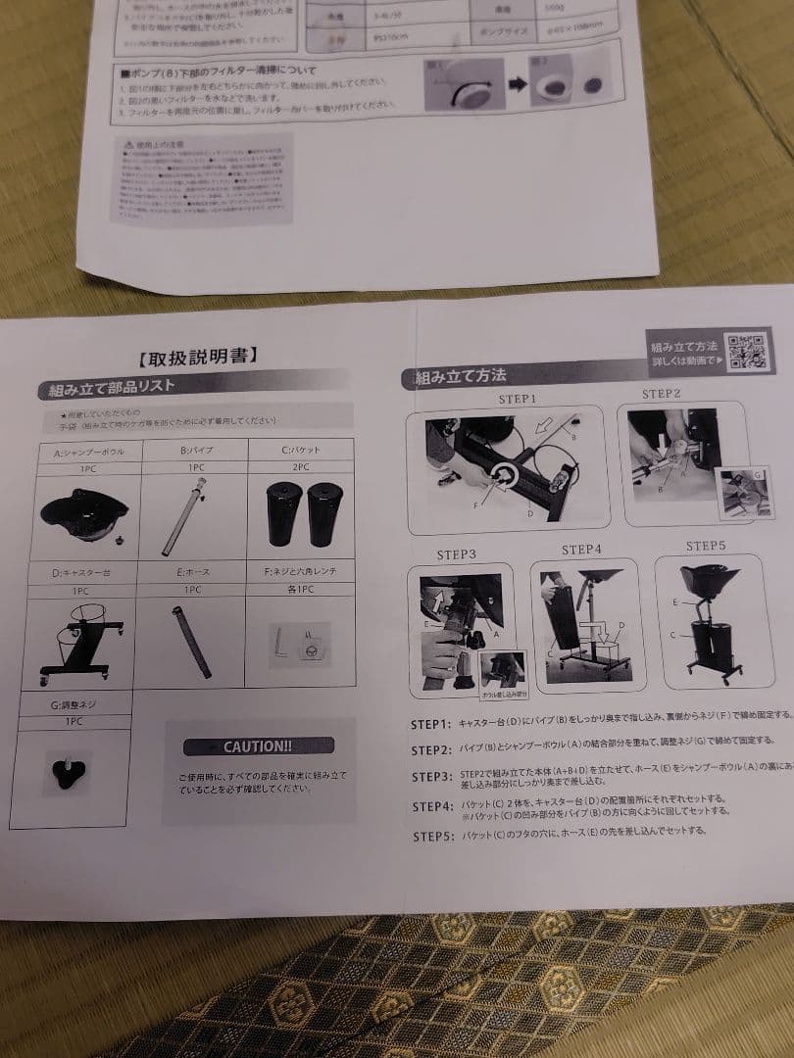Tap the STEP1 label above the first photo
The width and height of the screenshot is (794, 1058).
(518, 400)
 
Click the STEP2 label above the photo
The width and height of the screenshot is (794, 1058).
(662, 394)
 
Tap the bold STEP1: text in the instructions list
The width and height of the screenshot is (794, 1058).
(430, 724)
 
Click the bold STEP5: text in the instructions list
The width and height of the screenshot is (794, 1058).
(431, 836)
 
